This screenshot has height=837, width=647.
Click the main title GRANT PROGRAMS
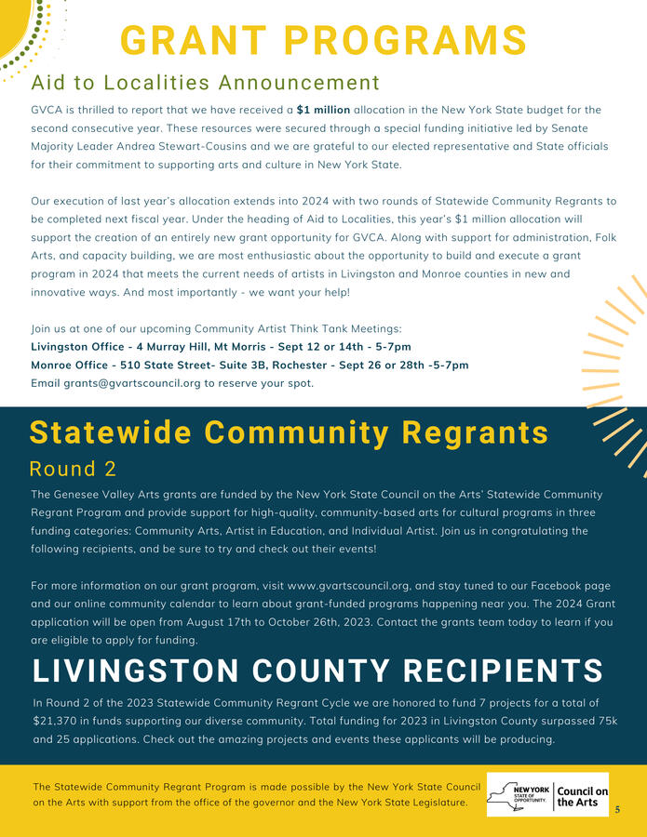pyautogui.click(x=324, y=41)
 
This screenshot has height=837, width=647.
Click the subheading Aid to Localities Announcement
pyautogui.click(x=205, y=84)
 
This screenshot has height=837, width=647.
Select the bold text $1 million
pyautogui.click(x=323, y=110)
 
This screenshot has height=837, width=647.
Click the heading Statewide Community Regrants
pyautogui.click(x=289, y=432)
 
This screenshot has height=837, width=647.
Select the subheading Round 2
pyautogui.click(x=73, y=468)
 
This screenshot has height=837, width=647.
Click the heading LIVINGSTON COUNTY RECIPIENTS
pyautogui.click(x=317, y=671)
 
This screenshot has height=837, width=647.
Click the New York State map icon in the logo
pyautogui.click(x=508, y=794)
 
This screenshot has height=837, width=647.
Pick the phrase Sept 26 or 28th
pyautogui.click(x=359, y=365)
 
